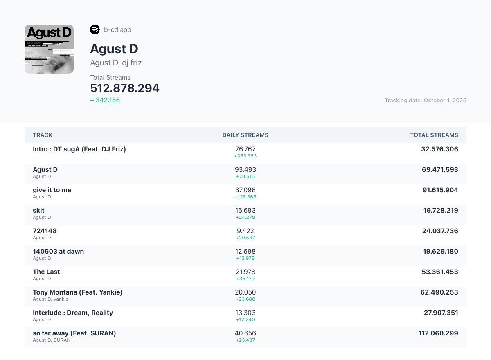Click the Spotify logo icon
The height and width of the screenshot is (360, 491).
pos(95,29)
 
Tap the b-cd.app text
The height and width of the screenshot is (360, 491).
pos(117,30)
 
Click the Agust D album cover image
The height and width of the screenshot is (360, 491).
pos(49,49)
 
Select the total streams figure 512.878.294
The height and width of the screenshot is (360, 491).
pos(125,88)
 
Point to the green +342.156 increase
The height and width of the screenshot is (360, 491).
pos(105,100)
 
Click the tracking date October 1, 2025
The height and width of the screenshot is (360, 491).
pos(426,100)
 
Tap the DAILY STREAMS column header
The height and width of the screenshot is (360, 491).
pos(245,135)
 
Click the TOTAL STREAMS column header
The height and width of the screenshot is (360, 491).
pos(434,135)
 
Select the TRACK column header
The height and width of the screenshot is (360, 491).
pos(43,135)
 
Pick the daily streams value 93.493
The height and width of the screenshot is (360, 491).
pos(245,170)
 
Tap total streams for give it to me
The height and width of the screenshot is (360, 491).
pos(440,190)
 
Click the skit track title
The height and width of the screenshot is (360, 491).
pos(38,211)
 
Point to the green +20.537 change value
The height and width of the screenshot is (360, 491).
pos(245,238)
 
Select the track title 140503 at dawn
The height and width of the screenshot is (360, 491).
pos(58,251)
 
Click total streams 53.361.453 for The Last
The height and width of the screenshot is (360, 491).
pos(440,272)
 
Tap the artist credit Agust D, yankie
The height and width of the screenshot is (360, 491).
pos(50,299)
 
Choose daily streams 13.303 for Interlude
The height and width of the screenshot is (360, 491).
pos(245,313)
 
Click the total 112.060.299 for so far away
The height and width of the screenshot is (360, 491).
pos(438,333)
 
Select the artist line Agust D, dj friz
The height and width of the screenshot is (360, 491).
pos(116,63)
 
